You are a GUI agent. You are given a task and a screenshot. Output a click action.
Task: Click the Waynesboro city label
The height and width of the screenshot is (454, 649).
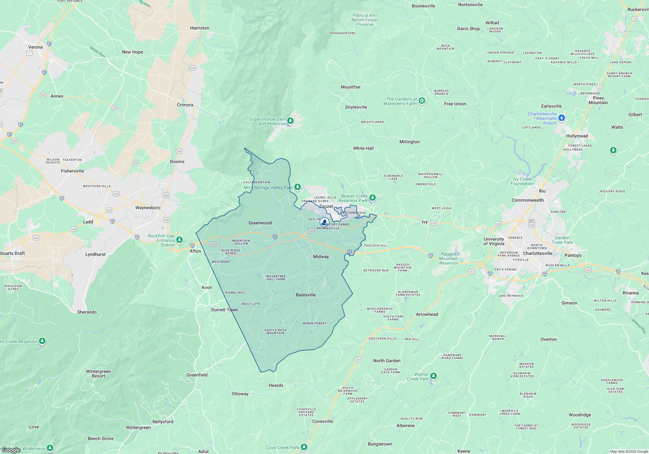(148, 208)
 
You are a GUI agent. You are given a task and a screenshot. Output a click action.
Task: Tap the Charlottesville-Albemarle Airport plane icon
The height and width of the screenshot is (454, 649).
(562, 118)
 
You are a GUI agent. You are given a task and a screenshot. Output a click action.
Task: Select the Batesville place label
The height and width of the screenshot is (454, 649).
(306, 295)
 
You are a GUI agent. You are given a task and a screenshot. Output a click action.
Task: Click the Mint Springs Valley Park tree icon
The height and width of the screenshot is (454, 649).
(297, 187)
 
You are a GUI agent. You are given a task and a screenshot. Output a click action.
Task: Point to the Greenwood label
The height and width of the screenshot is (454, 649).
(260, 223)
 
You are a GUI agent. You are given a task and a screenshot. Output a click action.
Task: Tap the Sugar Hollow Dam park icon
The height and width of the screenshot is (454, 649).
(290, 121)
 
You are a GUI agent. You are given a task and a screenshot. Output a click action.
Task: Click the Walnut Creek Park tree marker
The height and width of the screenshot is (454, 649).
(434, 376)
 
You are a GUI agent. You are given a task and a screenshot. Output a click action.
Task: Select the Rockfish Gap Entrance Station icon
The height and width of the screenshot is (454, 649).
(179, 240)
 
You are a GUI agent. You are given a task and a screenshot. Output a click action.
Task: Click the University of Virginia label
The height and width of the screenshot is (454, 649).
(494, 241)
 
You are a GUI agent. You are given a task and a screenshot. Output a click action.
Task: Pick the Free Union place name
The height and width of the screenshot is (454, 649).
(455, 104)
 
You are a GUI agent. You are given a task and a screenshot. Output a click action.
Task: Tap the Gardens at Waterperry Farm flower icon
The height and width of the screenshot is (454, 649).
(422, 101)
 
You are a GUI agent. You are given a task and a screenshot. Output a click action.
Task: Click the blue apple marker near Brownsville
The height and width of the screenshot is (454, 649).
(324, 222)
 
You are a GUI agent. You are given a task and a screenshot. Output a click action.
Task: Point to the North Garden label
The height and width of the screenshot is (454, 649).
(386, 361)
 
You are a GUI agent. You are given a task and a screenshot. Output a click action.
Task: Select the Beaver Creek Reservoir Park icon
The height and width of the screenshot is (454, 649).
(373, 197)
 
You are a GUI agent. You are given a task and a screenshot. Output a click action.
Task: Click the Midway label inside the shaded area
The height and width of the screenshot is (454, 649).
(321, 257)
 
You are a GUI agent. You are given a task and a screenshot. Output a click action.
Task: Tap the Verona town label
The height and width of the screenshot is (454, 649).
(35, 47)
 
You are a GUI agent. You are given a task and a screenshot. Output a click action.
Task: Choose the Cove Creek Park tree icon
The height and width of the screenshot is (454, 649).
(304, 447)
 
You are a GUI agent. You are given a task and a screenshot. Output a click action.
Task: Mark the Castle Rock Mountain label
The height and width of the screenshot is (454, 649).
(276, 331)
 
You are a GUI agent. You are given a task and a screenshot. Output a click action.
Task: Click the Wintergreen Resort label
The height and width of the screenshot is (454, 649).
(98, 374)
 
